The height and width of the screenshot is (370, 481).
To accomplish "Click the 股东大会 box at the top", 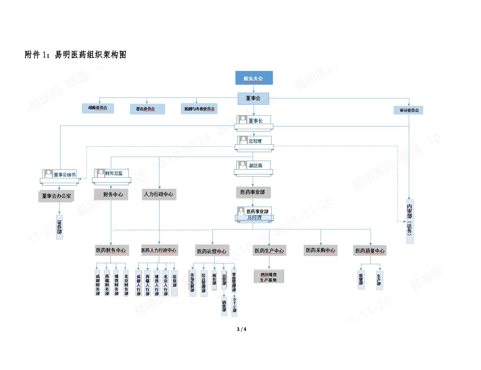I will tap(254, 78).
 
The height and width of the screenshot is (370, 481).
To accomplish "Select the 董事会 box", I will tap(253, 98).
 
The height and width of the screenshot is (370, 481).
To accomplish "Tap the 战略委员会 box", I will tap(98, 108).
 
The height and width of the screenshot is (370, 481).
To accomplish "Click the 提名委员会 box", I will tap(147, 109).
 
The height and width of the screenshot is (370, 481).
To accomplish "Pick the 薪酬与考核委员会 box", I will tap(199, 109).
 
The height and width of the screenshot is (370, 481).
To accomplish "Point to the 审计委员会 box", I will tap(409, 110).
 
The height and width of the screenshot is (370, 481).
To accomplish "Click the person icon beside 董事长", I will tap(243, 120).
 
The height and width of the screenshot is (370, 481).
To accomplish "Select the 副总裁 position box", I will tap(254, 165).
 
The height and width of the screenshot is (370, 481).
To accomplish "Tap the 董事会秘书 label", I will tap(64, 175).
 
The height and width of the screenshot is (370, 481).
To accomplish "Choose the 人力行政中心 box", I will tap(159, 194).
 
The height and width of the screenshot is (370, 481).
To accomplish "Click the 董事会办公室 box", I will tap(56, 196).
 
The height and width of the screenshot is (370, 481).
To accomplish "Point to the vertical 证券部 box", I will tap(59, 227).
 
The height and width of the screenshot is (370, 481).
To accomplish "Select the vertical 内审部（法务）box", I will tap(410, 221).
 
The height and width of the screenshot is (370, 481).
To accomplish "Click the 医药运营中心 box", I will tap(212, 251).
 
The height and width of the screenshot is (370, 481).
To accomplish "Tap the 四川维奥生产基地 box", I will tap(269, 277).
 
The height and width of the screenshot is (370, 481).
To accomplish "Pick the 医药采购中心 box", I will tap(321, 250).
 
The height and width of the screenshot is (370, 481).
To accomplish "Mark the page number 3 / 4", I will tap(241, 329).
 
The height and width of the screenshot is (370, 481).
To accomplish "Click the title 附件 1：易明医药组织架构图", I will tap(76, 55).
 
